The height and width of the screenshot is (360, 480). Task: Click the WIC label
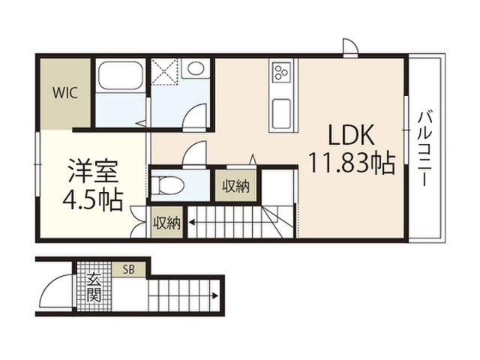pos(65,93)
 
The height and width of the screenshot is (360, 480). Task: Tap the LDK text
pos(351,135)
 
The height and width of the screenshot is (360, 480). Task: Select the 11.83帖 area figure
pos(352,163)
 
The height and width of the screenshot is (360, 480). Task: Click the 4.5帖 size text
pos(93,200)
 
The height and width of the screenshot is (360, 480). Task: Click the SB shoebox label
pos(128,270)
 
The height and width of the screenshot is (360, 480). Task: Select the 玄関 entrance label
pos(94,287)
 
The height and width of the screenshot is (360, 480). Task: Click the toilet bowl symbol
pos(167,185)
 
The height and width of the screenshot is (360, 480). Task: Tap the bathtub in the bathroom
pos(121,75)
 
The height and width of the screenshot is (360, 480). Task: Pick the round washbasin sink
pos(196,68)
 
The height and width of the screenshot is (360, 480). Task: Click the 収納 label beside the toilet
pos(236,186)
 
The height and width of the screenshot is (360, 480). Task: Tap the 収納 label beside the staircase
pos(167,223)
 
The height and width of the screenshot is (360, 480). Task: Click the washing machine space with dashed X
pos(165,71)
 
